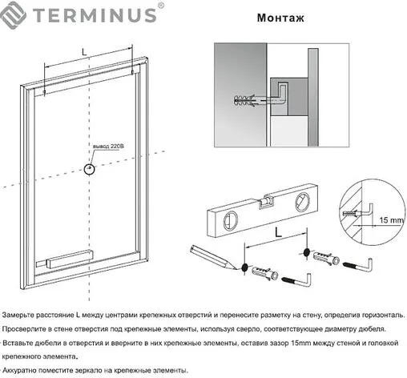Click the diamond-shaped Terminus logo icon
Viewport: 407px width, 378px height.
pyautogui.click(x=16, y=14)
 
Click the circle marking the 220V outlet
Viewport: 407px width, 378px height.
pyautogui.click(x=91, y=169)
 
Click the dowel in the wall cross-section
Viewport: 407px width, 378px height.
pyautogui.click(x=249, y=102)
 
